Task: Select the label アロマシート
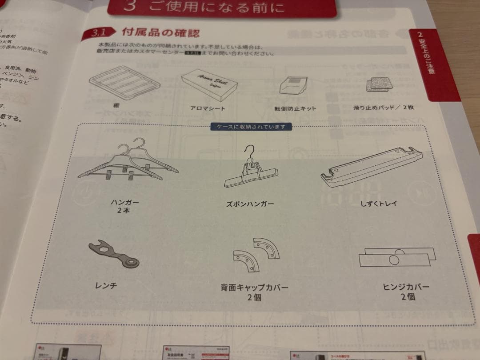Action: click(x=208, y=108)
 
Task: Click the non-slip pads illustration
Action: click(x=378, y=85)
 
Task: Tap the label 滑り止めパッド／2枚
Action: click(x=384, y=108)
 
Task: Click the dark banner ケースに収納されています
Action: click(x=252, y=127)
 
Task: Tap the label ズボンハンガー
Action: click(x=250, y=204)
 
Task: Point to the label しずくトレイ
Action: click(x=379, y=204)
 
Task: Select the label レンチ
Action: click(x=106, y=285)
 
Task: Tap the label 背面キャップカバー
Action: click(x=254, y=288)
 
